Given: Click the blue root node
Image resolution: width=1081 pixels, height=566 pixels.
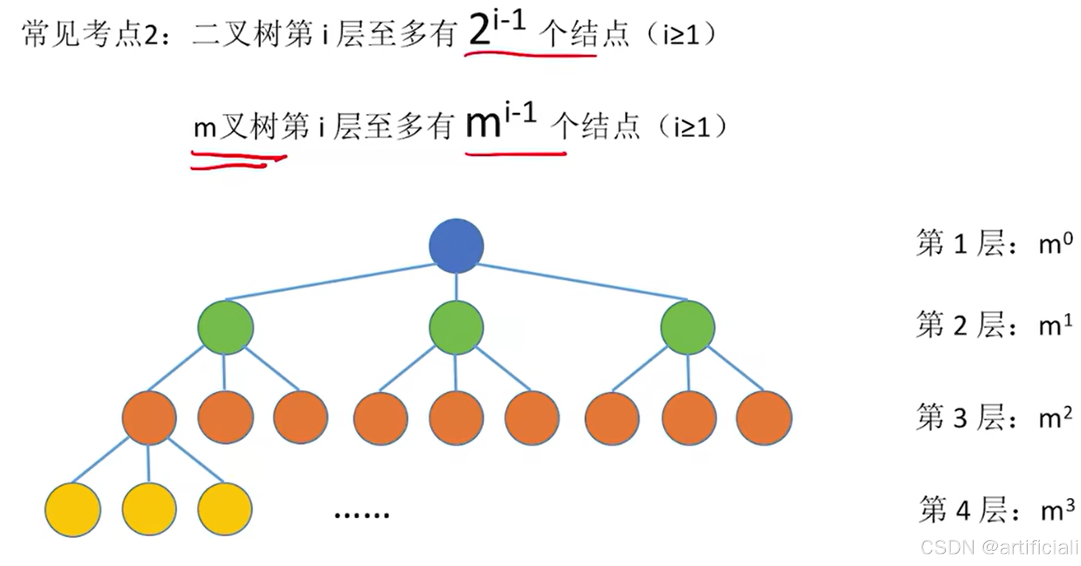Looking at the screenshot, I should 456,246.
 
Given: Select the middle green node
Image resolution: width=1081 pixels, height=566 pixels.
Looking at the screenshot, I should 456,327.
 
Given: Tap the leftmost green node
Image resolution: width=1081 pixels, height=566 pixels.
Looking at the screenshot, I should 226,327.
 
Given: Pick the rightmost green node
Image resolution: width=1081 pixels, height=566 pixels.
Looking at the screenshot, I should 688,327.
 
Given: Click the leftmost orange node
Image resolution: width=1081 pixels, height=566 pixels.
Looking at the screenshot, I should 149,418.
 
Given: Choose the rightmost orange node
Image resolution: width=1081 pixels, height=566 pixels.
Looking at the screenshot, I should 764,418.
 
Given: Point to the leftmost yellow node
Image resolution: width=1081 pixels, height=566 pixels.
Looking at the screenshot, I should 73,509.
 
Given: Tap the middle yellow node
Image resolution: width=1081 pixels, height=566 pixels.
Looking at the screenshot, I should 149,509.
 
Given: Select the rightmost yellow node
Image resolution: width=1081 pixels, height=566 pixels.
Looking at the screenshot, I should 225,509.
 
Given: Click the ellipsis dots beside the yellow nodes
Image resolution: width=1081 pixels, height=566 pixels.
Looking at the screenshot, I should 362,515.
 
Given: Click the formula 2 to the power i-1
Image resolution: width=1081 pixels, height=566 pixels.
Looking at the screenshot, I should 497,29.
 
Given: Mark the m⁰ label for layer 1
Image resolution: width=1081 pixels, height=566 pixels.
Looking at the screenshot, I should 1055,243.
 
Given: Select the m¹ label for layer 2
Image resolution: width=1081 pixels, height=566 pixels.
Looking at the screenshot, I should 1055,325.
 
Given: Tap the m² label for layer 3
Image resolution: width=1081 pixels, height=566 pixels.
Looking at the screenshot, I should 1055,418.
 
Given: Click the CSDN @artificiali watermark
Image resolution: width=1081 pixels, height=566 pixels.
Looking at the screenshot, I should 999,547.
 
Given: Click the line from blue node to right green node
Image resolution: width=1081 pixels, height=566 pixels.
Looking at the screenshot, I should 583,282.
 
